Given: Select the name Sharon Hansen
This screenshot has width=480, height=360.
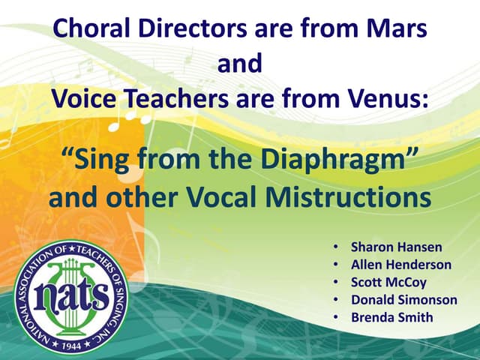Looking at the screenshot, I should (387, 246).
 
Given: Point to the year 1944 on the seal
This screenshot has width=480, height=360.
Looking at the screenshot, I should (71, 346).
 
